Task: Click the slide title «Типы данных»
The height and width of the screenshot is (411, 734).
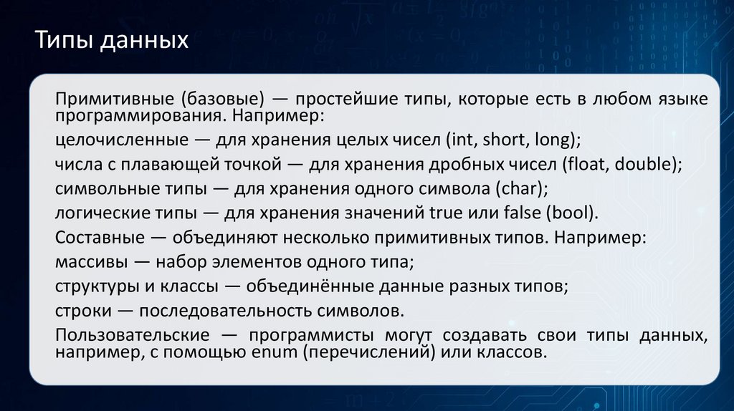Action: pos(112,40)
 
